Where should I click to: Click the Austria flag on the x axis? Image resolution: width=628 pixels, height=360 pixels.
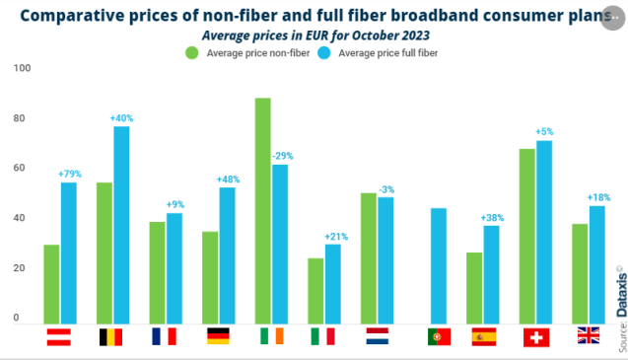point(59,336)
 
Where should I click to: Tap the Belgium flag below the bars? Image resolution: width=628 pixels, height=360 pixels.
point(112,336)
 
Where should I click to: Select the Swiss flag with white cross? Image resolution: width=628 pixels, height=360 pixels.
point(536,336)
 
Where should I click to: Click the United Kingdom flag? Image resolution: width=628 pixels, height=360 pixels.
point(589,336)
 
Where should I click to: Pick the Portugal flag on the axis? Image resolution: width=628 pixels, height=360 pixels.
point(439,336)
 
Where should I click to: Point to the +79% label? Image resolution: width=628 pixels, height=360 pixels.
point(68,174)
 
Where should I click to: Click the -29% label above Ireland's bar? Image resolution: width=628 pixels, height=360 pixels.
point(281,156)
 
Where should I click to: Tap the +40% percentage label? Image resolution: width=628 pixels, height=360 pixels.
point(121,118)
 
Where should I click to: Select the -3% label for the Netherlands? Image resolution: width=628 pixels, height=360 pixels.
point(387,188)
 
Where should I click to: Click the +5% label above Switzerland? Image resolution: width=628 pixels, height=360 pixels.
point(544,132)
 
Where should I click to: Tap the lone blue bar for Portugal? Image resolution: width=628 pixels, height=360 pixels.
point(440,265)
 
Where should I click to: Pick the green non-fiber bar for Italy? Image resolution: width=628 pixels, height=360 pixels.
point(315,290)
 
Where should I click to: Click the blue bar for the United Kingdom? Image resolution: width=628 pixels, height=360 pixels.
point(597,264)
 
